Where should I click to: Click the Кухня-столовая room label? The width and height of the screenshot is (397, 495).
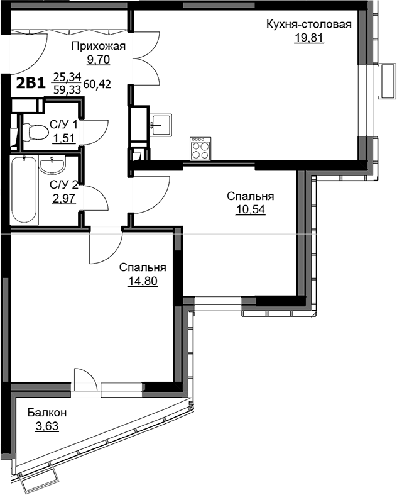coord(308,25)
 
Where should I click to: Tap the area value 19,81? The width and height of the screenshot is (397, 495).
coord(309,38)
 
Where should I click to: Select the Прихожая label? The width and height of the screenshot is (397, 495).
coord(99,46)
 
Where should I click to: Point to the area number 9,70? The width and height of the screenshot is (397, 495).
coord(99,59)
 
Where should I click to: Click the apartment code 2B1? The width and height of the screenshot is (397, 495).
coord(31,84)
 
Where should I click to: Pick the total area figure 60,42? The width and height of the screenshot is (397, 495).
coord(97,84)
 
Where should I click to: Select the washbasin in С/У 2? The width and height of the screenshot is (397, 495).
coord(52,164)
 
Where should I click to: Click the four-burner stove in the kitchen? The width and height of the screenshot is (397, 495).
coord(200,148)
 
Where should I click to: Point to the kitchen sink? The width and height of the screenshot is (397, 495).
coord(161,125)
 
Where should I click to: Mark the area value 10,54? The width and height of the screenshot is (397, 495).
coord(251,209)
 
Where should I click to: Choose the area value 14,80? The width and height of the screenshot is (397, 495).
coord(143,281)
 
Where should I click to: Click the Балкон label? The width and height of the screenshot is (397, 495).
coord(47,412)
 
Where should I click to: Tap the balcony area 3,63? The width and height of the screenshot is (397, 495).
coord(47,426)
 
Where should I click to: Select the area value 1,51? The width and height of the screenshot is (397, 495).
coord(64,138)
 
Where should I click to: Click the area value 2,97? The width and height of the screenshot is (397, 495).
coord(64,199)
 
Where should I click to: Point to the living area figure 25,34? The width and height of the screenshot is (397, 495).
coord(67,77)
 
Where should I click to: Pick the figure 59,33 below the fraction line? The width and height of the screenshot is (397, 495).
coord(67,90)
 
